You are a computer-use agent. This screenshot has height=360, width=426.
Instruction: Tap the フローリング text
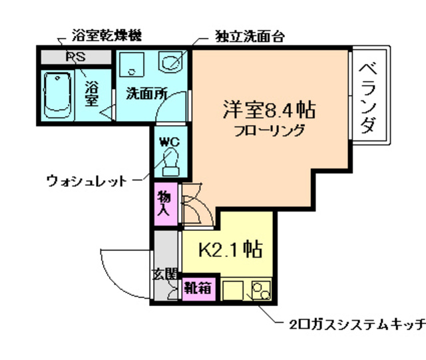click(269, 130)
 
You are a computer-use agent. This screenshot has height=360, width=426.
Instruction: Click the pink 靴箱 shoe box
click(197, 289)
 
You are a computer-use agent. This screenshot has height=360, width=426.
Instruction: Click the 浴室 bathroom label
click(91, 94)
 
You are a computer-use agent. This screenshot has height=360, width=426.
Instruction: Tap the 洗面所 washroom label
click(147, 94)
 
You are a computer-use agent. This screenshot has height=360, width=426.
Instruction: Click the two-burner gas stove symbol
click(260, 291)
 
